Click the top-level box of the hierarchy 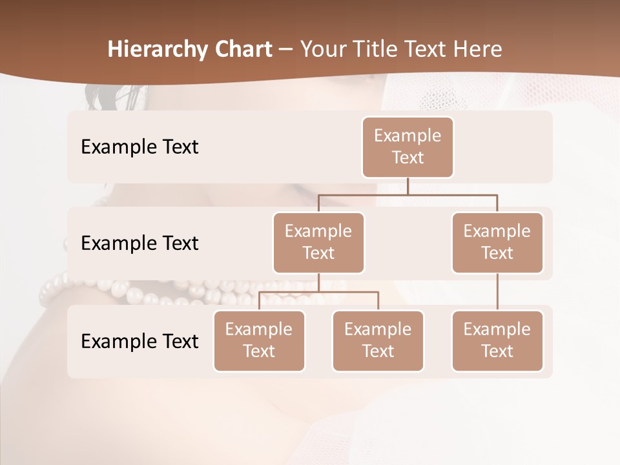click(x=408, y=147)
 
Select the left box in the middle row click(x=318, y=242)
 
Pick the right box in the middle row click(x=497, y=242)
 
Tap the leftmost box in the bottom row click(x=259, y=340)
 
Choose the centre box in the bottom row click(x=378, y=340)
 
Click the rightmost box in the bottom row click(x=497, y=340)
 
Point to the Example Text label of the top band click(x=139, y=147)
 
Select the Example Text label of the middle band click(x=139, y=243)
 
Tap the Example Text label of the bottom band click(x=139, y=341)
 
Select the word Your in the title click(x=322, y=50)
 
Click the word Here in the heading click(x=477, y=50)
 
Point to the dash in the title click(x=285, y=50)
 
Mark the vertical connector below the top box click(x=408, y=186)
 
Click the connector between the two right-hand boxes click(x=497, y=292)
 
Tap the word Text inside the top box click(x=408, y=158)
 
